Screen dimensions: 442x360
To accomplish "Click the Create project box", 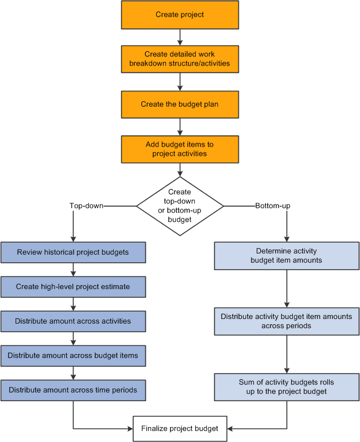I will pos(179,15).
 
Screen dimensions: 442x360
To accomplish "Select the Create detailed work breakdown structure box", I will pos(179,59).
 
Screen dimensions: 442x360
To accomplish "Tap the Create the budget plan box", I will pos(179,104).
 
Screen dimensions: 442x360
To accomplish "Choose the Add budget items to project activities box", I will pos(179,149).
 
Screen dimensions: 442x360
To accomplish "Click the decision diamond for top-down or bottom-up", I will pos(180,205).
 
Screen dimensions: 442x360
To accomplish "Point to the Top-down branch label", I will pos(86,205).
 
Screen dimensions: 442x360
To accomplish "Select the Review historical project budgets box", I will pos(73,252).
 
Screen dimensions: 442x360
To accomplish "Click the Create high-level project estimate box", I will pos(73,286).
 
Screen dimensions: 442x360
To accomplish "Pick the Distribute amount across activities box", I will pos(73,321).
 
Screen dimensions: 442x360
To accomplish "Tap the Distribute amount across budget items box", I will pos(73,355).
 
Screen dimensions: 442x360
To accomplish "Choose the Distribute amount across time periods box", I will pos(73,390).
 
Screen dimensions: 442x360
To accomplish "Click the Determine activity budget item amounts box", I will pos(287,256).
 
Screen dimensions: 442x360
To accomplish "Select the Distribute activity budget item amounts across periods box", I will pos(287,321).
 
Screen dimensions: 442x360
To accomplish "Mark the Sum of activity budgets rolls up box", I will pos(287,386).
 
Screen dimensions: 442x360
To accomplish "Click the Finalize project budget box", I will pos(180,429).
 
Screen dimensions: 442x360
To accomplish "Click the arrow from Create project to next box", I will pos(180,37).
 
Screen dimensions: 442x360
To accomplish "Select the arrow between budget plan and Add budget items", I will pos(180,126).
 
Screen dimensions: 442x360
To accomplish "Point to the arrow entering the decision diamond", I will pos(180,170).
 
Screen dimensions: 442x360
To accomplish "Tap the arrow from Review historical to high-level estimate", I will pos(73,269).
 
